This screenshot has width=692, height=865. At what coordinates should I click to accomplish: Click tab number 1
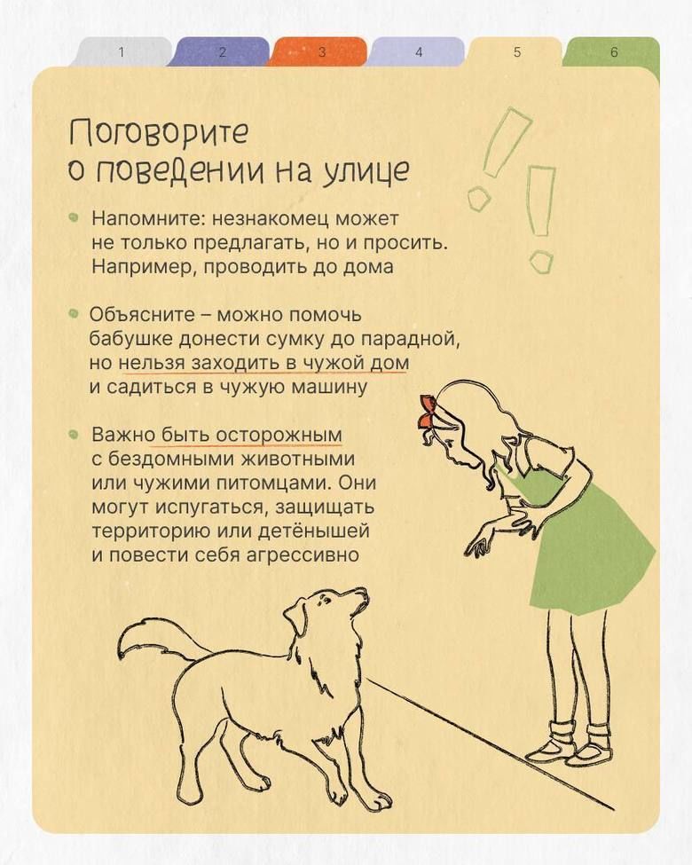point(122,51)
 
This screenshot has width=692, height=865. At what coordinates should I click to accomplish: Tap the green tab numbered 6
point(614,51)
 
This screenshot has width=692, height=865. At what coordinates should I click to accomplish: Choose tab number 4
point(418,51)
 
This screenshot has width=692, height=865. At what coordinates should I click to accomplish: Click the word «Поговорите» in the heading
point(160,133)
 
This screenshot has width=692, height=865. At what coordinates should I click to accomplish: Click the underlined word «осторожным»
point(279,435)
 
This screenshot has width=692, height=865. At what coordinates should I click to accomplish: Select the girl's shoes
point(570,749)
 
